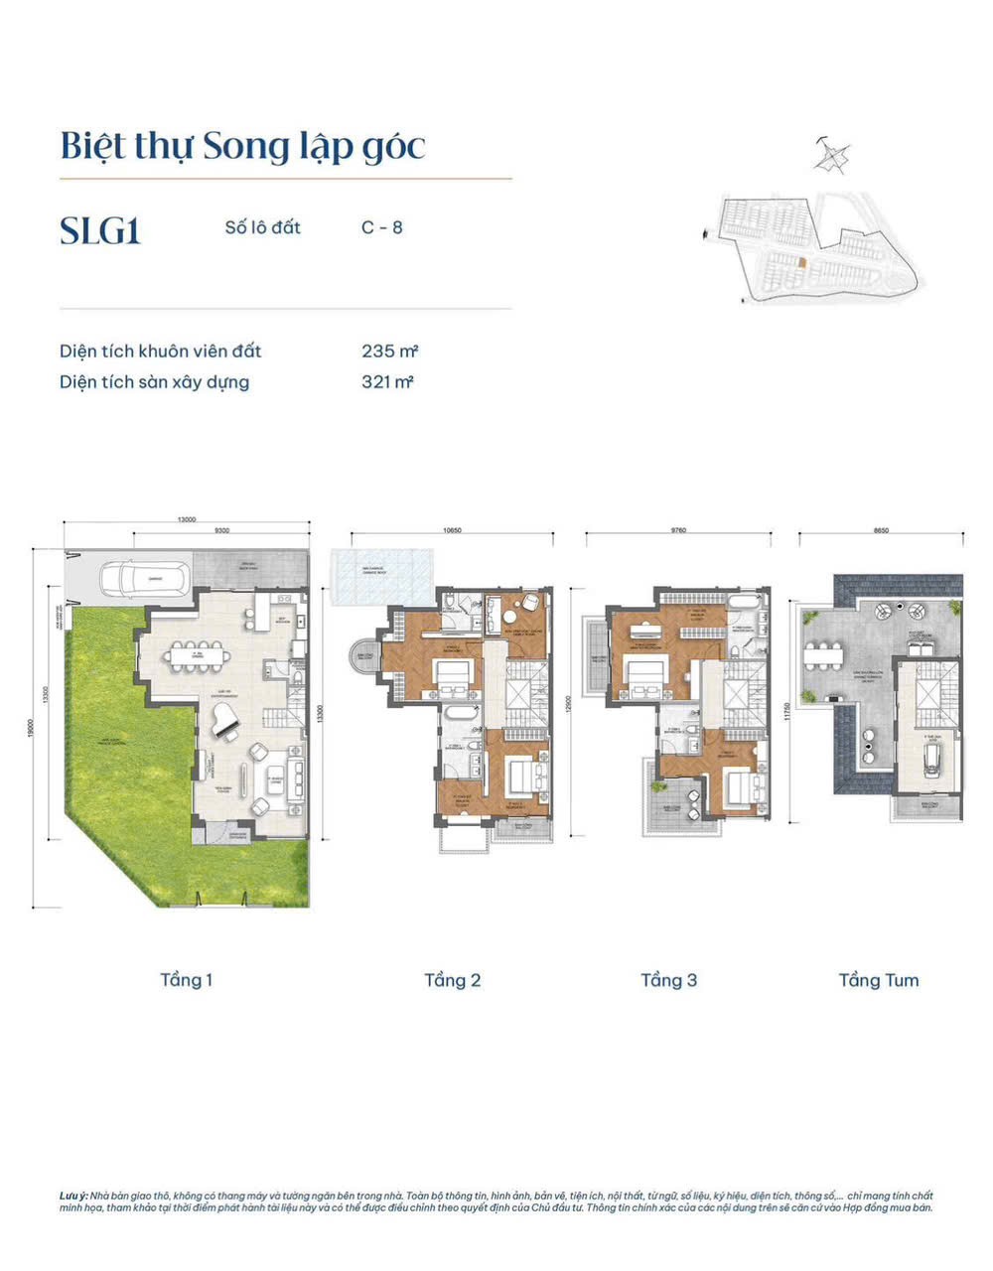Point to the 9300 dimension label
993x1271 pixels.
(221, 531)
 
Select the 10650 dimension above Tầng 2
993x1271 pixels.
(452, 531)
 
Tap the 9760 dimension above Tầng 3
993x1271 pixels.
(678, 531)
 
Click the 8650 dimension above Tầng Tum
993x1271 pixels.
(881, 531)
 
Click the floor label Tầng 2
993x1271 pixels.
(452, 980)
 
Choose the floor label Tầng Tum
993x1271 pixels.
(879, 980)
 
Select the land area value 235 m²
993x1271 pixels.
(389, 351)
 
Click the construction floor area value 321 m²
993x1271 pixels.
(387, 382)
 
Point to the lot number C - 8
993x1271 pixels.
(381, 227)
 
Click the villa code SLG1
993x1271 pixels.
(100, 230)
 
